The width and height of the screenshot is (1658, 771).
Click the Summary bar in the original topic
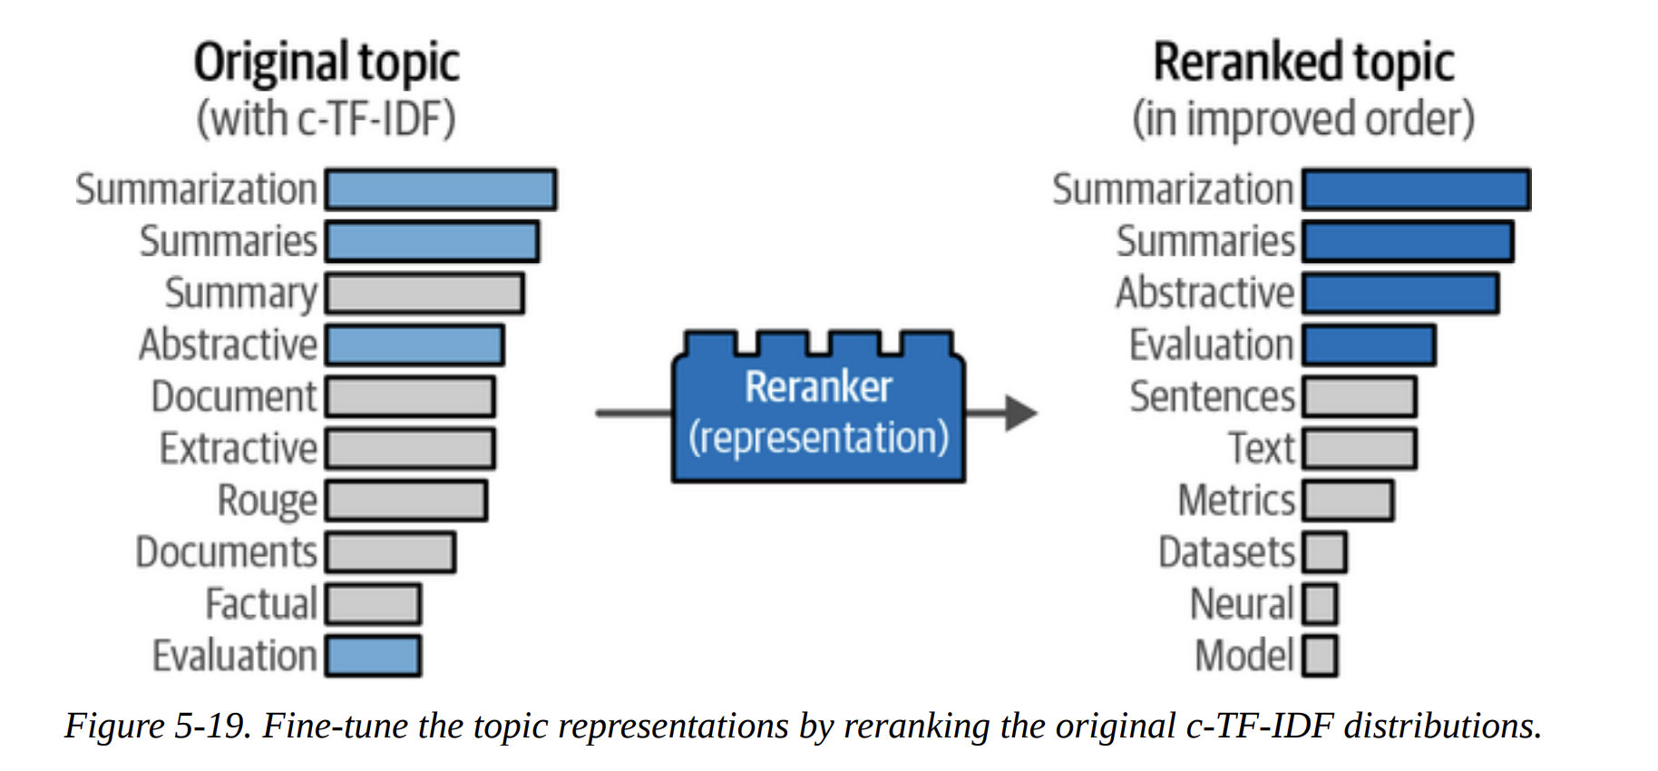pos(424,294)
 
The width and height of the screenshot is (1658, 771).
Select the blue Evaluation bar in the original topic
pos(373,656)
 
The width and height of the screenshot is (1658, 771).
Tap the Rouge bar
pos(406,501)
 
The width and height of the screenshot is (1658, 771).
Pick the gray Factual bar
pos(373,604)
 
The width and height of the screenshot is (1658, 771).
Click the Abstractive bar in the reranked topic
pos(1400,294)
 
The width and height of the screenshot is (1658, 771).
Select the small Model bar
pos(1320,656)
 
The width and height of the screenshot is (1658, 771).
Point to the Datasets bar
pos(1324,552)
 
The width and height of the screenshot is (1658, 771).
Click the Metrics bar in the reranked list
pos(1348,501)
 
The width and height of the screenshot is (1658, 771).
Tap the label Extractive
pos(239,449)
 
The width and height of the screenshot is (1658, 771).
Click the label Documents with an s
pos(226,552)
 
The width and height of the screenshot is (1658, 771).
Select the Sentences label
pos(1212,397)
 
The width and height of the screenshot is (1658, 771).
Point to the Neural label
pos(1242,604)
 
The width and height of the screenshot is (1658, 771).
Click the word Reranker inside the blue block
pos(818,387)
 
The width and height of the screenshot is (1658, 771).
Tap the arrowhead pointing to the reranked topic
pos(1020,413)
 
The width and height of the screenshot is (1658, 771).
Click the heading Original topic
pos(327,63)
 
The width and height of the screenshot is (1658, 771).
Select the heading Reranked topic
pos(1303,63)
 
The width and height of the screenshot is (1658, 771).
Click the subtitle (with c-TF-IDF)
pos(327,120)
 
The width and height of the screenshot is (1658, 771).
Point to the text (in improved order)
pos(1303,120)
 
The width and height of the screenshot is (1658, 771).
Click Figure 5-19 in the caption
pos(157,727)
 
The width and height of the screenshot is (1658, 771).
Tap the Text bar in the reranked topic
pos(1359,449)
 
